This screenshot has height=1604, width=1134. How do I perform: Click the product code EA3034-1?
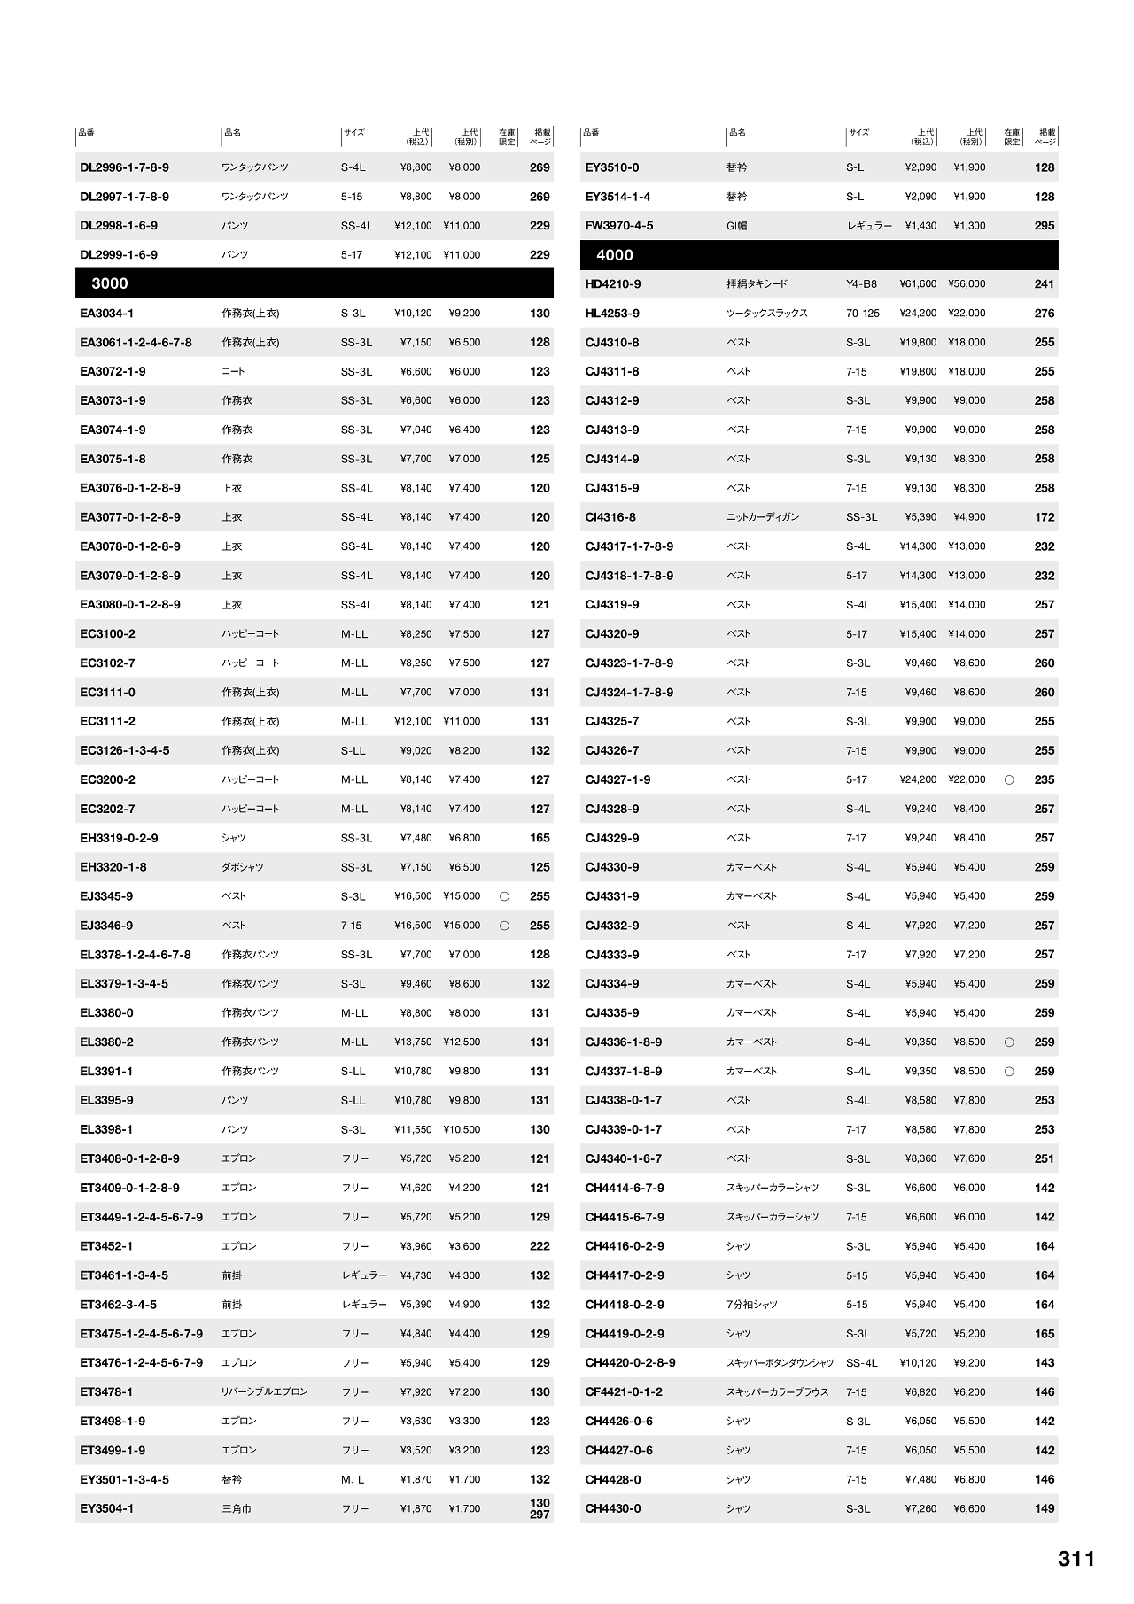(106, 314)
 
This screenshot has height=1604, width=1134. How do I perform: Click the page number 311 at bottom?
(1076, 1559)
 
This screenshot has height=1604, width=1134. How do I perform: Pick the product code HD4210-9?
(612, 284)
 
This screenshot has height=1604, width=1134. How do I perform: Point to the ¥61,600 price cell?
(918, 284)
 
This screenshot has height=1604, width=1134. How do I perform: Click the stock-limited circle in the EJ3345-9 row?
(504, 896)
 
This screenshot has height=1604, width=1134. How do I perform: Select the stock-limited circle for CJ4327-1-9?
(1009, 780)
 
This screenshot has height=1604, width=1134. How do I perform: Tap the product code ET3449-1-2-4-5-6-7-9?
(141, 1217)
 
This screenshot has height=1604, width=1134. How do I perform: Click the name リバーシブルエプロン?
(265, 1392)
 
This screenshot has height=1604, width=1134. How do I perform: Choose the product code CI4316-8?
(610, 517)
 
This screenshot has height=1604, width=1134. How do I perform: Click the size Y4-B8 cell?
(861, 284)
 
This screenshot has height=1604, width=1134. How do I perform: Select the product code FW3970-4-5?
(618, 226)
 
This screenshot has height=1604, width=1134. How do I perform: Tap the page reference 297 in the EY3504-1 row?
(540, 1515)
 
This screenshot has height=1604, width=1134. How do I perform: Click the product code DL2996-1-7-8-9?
(124, 167)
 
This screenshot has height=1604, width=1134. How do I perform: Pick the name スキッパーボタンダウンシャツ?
(781, 1363)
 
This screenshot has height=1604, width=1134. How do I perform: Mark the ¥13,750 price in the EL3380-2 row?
(413, 1042)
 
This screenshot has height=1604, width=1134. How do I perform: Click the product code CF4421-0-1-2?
(623, 1392)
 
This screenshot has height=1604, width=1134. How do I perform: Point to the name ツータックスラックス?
(767, 314)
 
